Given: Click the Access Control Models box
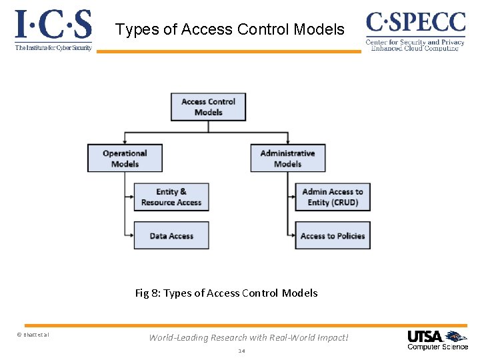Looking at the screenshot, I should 208,107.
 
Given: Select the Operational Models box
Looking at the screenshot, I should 125,158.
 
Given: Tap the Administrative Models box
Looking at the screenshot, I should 287,158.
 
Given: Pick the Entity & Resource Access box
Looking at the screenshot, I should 171,197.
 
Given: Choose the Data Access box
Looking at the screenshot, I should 171,236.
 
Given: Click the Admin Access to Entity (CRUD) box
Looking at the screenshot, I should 333,197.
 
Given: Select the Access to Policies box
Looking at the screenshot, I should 333,236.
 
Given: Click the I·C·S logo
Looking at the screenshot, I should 53,25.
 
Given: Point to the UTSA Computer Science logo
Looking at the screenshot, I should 437,339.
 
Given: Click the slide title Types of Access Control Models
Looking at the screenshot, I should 230,29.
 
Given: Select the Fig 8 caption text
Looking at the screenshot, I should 226,293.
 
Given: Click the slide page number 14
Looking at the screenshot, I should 241,351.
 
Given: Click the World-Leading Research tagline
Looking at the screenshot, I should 249,337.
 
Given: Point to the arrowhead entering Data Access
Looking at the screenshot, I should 131,235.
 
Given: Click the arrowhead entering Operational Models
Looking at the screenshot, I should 125,141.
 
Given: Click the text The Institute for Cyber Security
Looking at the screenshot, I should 53,48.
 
